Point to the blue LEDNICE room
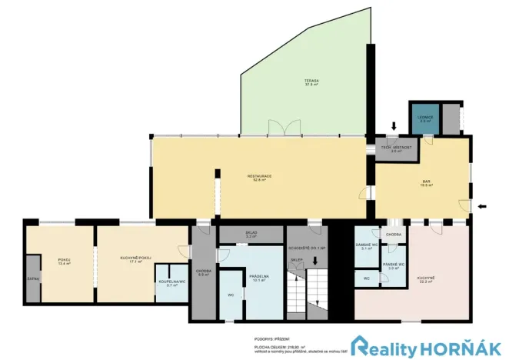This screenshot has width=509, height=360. pyautogui.click(x=425, y=118)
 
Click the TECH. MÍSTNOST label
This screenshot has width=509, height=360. pyautogui.click(x=397, y=148)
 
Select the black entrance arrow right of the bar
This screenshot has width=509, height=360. pyautogui.click(x=483, y=206)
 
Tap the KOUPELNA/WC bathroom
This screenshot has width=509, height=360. pyautogui.click(x=171, y=282)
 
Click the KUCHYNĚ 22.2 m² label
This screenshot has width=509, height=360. pyautogui.click(x=427, y=279)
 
